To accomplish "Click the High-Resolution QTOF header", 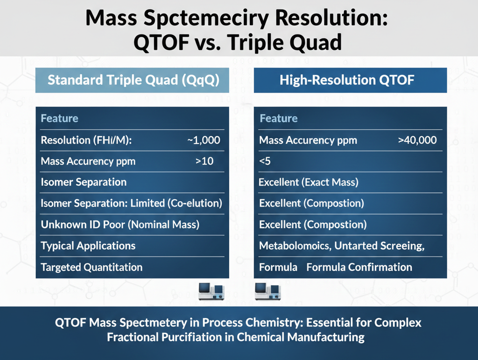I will pyautogui.click(x=347, y=80).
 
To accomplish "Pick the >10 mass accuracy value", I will pyautogui.click(x=204, y=161).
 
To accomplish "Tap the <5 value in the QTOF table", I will pyautogui.click(x=265, y=161).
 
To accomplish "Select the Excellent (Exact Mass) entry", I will pyautogui.click(x=309, y=182).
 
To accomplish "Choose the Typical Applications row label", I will pyautogui.click(x=88, y=246).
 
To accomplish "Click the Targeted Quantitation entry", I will pyautogui.click(x=91, y=267).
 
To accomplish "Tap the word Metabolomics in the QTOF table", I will pyautogui.click(x=295, y=246).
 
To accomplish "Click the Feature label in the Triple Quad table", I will pyautogui.click(x=59, y=118).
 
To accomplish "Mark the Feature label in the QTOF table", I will pyautogui.click(x=278, y=118).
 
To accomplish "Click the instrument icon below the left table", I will pyautogui.click(x=211, y=291).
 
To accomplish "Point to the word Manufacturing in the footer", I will pyautogui.click(x=324, y=337).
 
